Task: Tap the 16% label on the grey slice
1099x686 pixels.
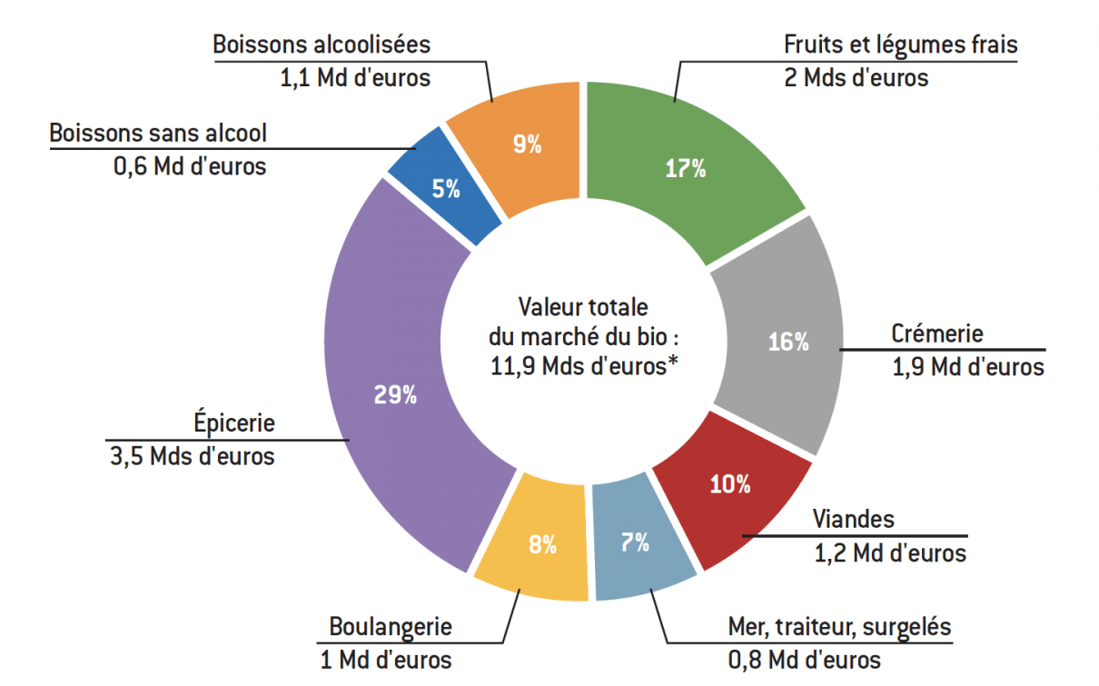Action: (x=787, y=342)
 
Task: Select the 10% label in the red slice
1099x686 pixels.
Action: (x=730, y=484)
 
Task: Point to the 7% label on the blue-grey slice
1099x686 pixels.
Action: (x=635, y=543)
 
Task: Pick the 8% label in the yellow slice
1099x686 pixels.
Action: (x=542, y=545)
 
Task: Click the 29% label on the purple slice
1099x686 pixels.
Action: (x=394, y=395)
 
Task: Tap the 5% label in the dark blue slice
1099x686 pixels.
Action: (x=445, y=189)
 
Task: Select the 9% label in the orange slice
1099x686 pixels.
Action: (x=527, y=144)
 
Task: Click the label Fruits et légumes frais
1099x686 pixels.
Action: (x=901, y=45)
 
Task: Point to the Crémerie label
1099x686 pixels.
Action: (x=936, y=334)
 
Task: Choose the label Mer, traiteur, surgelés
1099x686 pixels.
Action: (x=839, y=627)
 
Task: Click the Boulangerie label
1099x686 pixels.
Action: (x=391, y=627)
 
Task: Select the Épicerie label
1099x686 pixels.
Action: (x=233, y=423)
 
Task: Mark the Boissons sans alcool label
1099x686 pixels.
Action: (x=158, y=134)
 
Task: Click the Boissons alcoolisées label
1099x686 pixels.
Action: (x=322, y=45)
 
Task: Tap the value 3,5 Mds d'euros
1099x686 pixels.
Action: (x=192, y=455)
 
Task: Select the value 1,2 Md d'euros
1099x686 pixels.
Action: (x=889, y=552)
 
